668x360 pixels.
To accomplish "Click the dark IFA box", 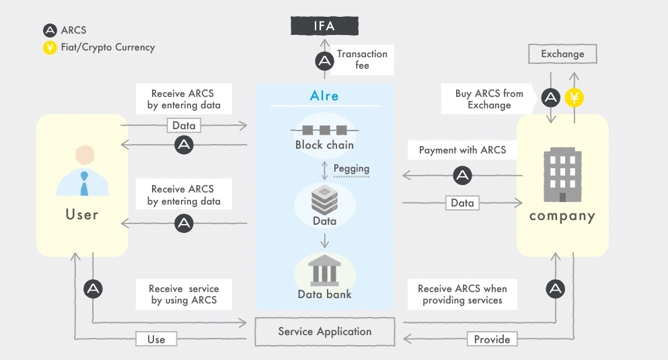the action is (x=325, y=26).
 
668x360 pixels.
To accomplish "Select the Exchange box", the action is (x=562, y=54).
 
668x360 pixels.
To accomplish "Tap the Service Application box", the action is (x=325, y=332).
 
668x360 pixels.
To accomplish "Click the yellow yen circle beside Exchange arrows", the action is (x=574, y=98).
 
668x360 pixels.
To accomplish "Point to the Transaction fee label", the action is (x=362, y=60).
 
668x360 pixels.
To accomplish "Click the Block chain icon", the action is (x=325, y=130).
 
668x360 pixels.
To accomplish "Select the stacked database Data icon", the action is (x=325, y=200).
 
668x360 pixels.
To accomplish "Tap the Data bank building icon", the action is (x=325, y=270).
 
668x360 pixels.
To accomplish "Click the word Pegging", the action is (x=351, y=169).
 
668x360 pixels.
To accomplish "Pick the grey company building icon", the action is (x=562, y=175).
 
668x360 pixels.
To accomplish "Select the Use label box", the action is (x=156, y=339).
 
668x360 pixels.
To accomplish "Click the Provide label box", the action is (x=492, y=339).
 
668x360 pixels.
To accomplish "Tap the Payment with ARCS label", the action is (x=462, y=150).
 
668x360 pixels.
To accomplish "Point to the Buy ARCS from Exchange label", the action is (x=489, y=99).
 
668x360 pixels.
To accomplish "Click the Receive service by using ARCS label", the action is (x=184, y=294).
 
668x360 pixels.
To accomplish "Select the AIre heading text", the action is (x=324, y=96).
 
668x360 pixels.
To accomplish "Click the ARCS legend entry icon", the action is (x=50, y=30).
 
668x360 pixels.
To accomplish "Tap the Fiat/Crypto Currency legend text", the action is (x=108, y=47).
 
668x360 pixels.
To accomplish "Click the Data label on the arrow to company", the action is (x=462, y=203).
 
